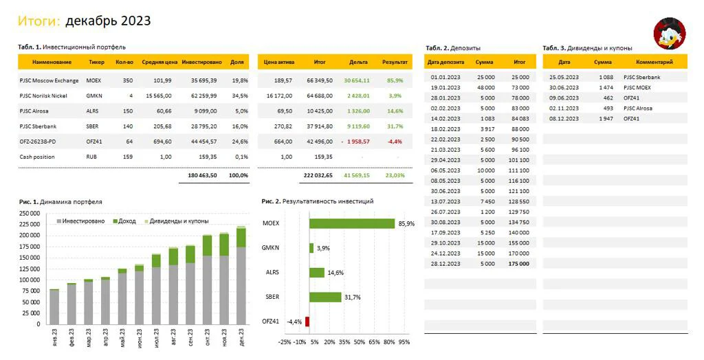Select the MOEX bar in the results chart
352,223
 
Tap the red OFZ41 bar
307,322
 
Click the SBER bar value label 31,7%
353,297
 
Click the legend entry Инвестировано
81,221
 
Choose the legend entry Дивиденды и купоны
176,221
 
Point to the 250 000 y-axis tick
30,214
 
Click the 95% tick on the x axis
404,342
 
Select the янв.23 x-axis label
54,337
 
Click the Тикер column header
96,63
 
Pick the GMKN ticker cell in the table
94,96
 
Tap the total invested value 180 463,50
203,175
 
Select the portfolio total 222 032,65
318,175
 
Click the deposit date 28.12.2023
445,264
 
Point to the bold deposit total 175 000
518,264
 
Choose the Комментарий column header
654,63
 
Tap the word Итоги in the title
39,21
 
